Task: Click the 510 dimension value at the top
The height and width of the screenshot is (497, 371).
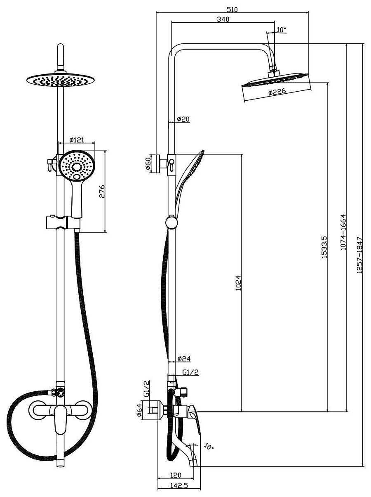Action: point(232,9)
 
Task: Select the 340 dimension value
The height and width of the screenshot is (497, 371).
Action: point(223,19)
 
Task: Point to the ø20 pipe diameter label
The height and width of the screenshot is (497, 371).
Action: point(183,119)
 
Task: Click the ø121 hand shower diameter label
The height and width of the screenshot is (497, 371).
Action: point(77,140)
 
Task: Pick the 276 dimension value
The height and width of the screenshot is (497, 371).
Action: point(103,192)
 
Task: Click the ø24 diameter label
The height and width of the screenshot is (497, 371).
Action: point(184,359)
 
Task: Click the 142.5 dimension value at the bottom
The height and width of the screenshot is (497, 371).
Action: point(179,486)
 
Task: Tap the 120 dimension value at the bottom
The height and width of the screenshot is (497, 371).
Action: point(176,476)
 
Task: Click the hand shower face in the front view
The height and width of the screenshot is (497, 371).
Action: point(77,166)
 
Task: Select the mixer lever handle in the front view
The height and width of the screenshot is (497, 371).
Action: point(61,417)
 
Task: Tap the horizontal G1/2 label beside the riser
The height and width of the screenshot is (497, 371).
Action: point(190,372)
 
